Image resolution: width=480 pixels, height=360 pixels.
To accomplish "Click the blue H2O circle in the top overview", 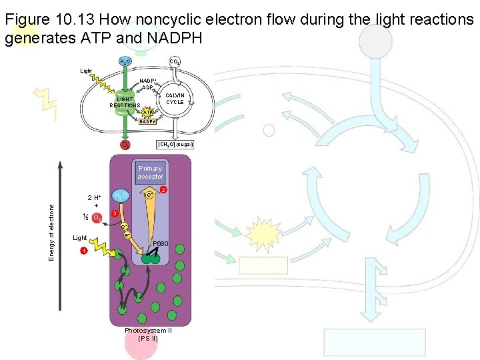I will point(125,61).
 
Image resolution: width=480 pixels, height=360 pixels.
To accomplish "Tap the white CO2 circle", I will point(174,61).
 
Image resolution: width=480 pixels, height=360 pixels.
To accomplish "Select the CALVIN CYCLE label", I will point(175,99).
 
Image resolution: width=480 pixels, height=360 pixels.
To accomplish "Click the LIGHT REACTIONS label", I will point(125,102).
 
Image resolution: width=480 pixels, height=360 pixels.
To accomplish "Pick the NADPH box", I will point(147,121).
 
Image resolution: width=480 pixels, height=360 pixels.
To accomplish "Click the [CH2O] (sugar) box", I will point(174,144).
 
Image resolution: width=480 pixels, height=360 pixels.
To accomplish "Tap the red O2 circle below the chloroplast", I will point(125,145).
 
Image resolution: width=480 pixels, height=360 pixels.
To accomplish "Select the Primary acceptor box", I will point(150,173).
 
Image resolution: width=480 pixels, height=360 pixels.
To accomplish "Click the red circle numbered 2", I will point(163,190).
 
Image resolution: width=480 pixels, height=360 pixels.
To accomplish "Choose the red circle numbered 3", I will point(115,214).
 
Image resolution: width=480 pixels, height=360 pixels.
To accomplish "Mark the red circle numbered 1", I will point(83,251).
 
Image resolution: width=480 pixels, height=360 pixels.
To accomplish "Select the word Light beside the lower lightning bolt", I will point(79,238).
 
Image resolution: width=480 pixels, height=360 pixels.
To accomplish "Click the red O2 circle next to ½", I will point(97,217).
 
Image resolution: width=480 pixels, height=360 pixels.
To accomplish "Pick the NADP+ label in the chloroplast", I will point(147,81).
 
